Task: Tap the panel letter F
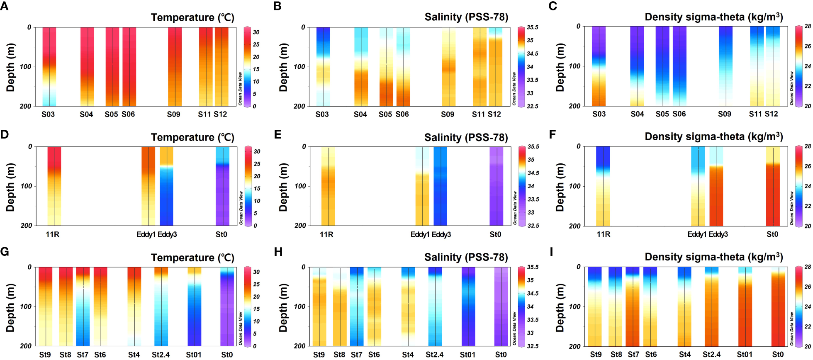click(553, 134)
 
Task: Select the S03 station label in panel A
click(48, 114)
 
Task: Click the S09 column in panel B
click(449, 66)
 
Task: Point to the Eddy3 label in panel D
click(167, 234)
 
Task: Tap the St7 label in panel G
click(83, 355)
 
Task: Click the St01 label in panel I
click(745, 355)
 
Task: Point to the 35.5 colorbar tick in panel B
click(533, 27)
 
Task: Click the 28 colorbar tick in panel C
click(808, 26)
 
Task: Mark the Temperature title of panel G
click(192, 258)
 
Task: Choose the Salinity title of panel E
click(466, 137)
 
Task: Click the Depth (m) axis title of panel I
click(560, 308)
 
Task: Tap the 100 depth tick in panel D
click(27, 186)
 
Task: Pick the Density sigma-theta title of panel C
click(713, 17)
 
